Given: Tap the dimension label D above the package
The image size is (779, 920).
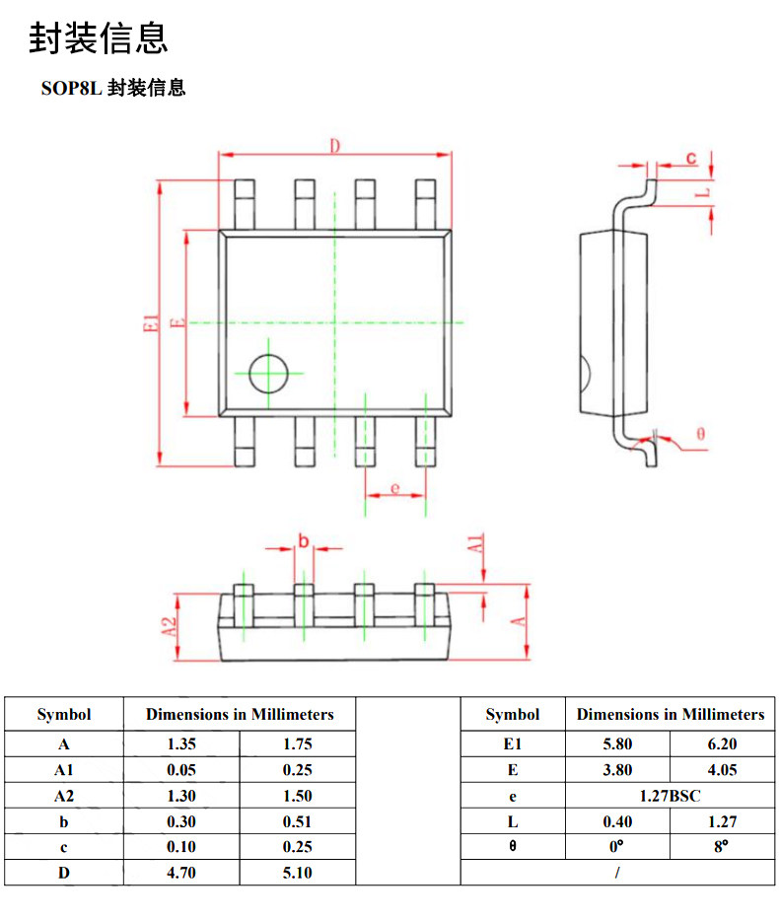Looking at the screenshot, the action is click(334, 146).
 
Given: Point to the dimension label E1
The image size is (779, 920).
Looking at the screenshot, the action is click(151, 322).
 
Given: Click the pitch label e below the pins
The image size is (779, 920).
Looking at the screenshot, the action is click(394, 488).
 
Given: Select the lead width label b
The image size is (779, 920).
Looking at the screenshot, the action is click(304, 540).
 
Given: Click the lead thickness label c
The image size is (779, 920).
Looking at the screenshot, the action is click(691, 157).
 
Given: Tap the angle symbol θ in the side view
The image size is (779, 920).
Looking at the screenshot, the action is click(700, 434).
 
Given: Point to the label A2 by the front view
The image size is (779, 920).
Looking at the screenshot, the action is click(169, 626).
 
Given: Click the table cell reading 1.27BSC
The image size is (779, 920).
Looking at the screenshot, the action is click(670, 796).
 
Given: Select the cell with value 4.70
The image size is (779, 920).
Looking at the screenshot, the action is click(181, 873).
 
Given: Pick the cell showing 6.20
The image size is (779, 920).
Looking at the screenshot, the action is click(722, 743).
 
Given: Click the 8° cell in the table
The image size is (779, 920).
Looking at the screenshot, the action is click(721, 847).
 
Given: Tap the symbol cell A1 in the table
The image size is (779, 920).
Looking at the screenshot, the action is click(64, 770).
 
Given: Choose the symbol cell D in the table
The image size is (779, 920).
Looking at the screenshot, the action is click(64, 873).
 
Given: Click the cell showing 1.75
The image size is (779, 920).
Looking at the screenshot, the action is click(298, 743).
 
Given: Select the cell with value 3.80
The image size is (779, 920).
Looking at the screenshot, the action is click(617, 770).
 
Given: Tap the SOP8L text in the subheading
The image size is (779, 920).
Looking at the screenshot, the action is click(72, 88).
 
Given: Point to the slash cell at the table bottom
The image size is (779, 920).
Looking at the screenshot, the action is click(617, 873).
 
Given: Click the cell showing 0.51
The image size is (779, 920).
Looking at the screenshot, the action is click(298, 821).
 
